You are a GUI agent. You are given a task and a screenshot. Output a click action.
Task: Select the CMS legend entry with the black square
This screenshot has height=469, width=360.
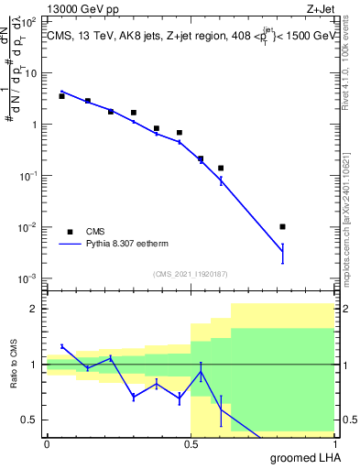point(70,232)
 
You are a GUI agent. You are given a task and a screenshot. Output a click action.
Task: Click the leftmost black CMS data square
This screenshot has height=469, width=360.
point(61,96)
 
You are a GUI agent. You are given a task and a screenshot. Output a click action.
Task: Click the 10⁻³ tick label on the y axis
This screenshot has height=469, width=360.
point(27,278)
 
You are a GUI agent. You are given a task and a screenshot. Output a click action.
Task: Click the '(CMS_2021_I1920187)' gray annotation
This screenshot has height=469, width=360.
point(190,273)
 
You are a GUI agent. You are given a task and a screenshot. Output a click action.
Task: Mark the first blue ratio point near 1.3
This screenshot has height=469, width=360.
point(61,346)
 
